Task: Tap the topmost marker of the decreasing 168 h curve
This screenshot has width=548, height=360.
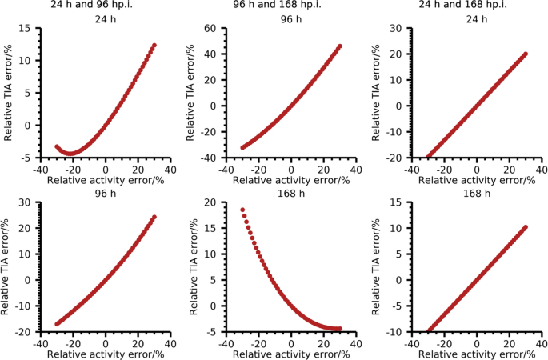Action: click(242, 210)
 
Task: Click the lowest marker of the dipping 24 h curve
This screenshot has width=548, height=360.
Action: click(71, 153)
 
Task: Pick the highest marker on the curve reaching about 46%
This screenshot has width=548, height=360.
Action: click(340, 46)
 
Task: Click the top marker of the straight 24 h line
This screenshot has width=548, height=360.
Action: click(526, 54)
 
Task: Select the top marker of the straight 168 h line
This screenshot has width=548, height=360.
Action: click(526, 227)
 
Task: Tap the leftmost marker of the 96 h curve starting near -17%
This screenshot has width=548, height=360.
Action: click(57, 324)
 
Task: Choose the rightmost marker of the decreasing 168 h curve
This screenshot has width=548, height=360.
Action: click(340, 328)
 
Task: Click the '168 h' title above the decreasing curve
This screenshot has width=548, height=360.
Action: click(291, 192)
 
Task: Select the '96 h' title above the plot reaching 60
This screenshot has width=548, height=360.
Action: click(291, 19)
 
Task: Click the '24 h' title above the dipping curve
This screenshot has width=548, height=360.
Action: click(106, 19)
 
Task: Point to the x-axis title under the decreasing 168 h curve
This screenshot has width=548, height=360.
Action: click(291, 353)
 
